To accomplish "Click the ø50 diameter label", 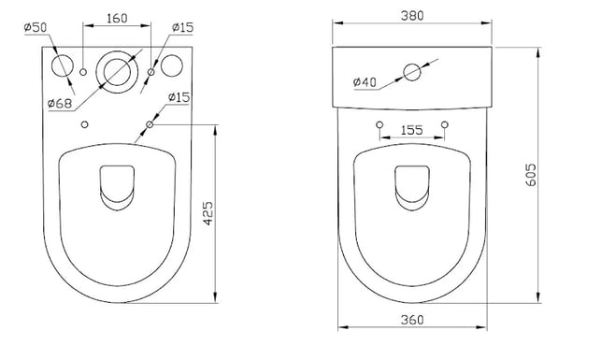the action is (36, 28).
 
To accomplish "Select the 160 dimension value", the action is (117, 18).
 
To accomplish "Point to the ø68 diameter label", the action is (60, 103).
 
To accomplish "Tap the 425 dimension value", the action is (207, 213).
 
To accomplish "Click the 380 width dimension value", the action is (412, 16).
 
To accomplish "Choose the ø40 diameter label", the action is (365, 82).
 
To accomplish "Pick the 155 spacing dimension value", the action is (412, 130).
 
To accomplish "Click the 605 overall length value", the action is (531, 175).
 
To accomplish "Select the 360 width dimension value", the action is (412, 320).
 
